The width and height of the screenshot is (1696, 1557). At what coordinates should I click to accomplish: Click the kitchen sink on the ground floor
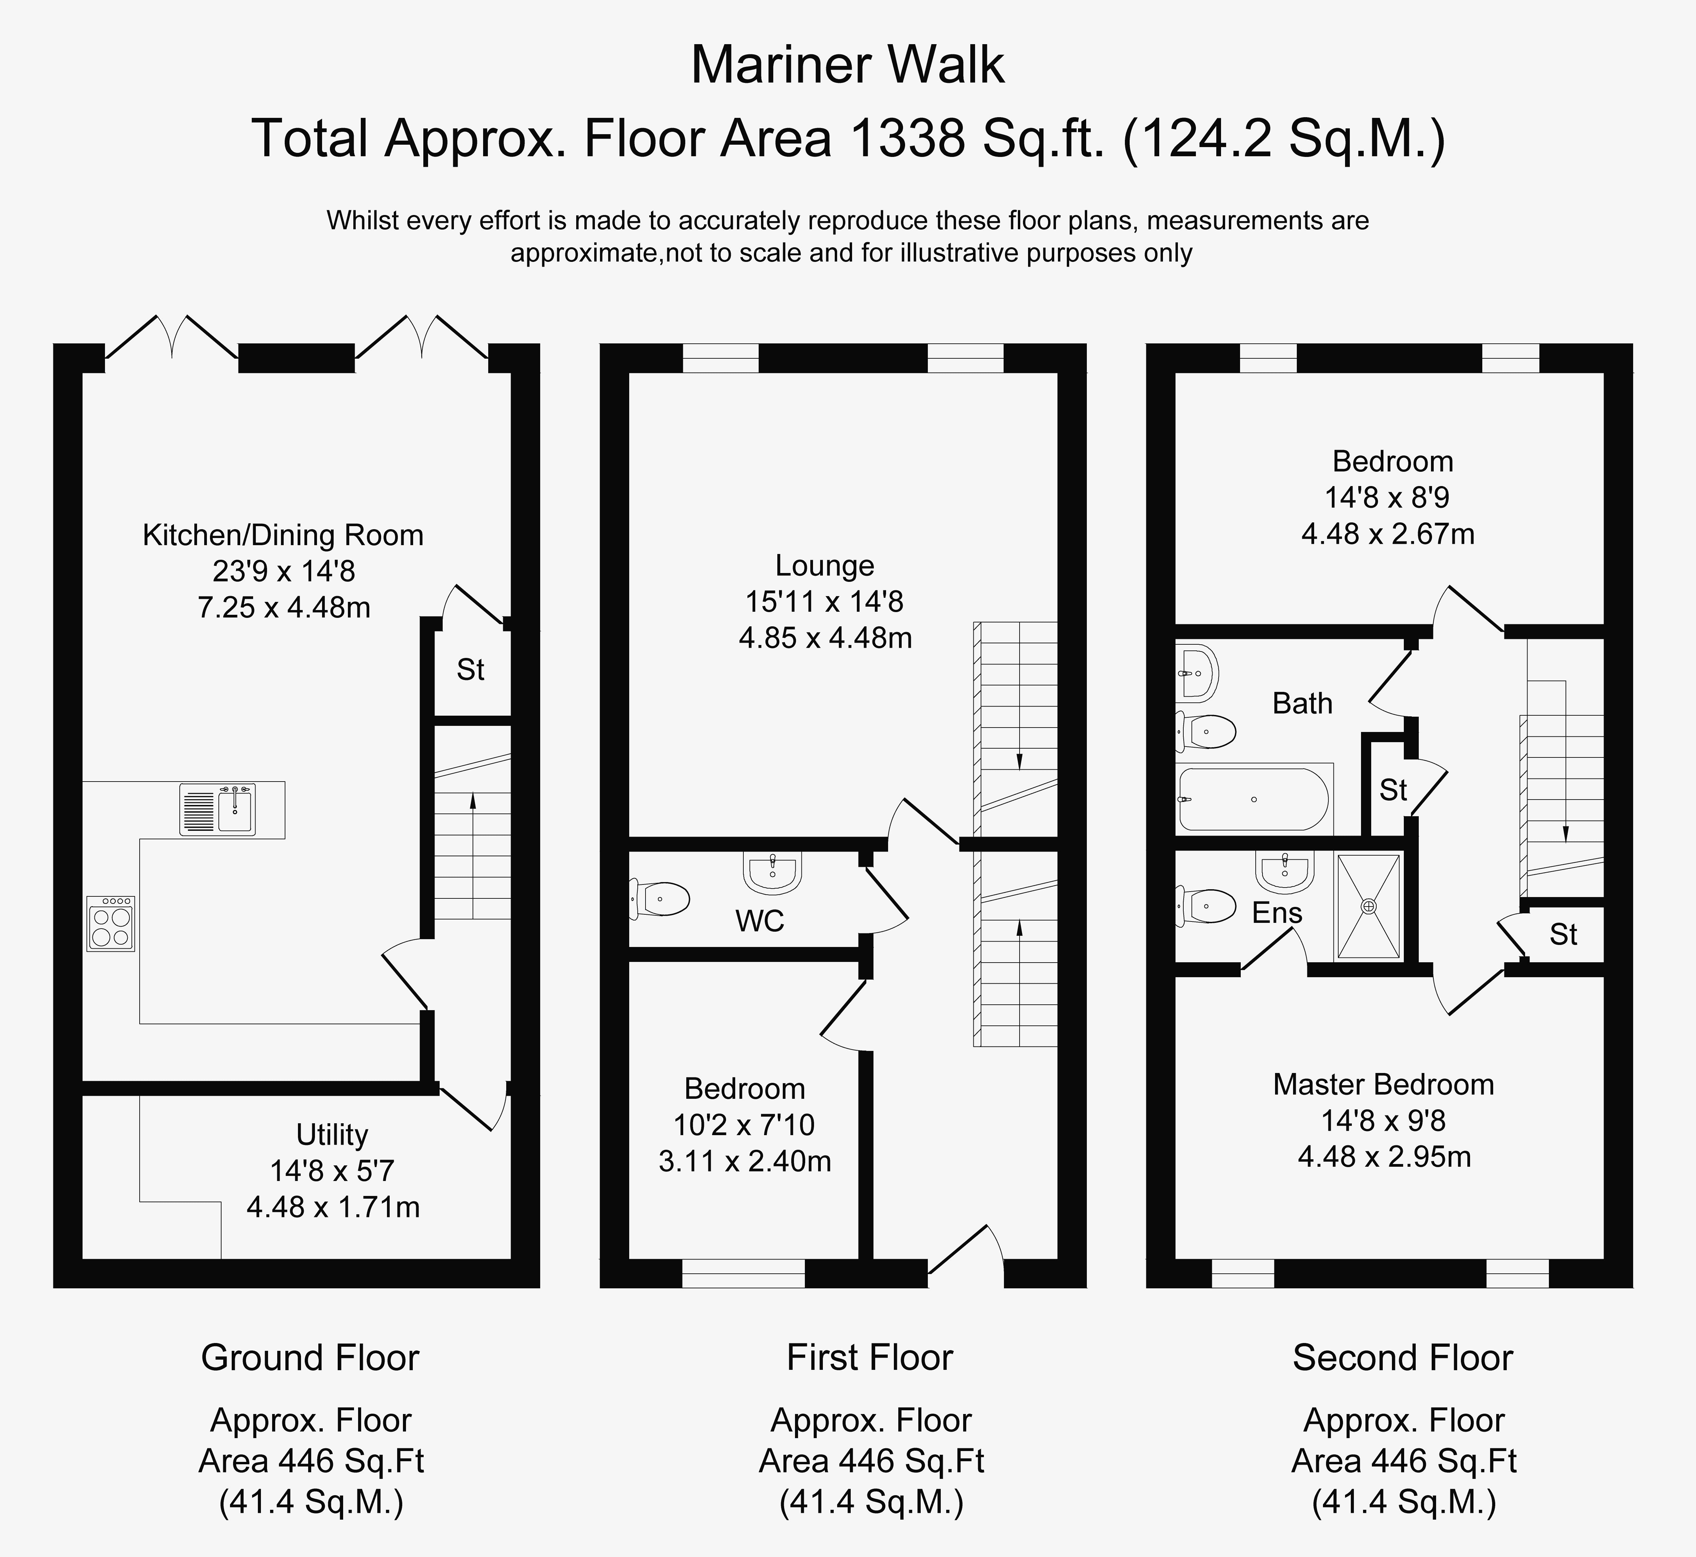(217, 809)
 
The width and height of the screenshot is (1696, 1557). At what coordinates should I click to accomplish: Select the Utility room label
(332, 1135)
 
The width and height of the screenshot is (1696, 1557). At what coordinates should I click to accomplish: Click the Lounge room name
(825, 565)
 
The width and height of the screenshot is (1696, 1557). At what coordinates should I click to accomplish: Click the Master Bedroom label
(1383, 1084)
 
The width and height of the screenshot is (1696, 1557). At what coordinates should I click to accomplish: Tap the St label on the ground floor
(470, 670)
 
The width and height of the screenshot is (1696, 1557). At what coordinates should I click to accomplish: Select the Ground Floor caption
(310, 1357)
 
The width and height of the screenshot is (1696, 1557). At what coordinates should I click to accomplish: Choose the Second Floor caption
(1403, 1357)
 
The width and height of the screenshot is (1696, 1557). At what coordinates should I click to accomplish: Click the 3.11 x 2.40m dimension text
(745, 1161)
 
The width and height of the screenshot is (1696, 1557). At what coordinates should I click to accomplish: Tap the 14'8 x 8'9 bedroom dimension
(1387, 497)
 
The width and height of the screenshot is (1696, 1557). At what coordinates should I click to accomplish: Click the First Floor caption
(869, 1357)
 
